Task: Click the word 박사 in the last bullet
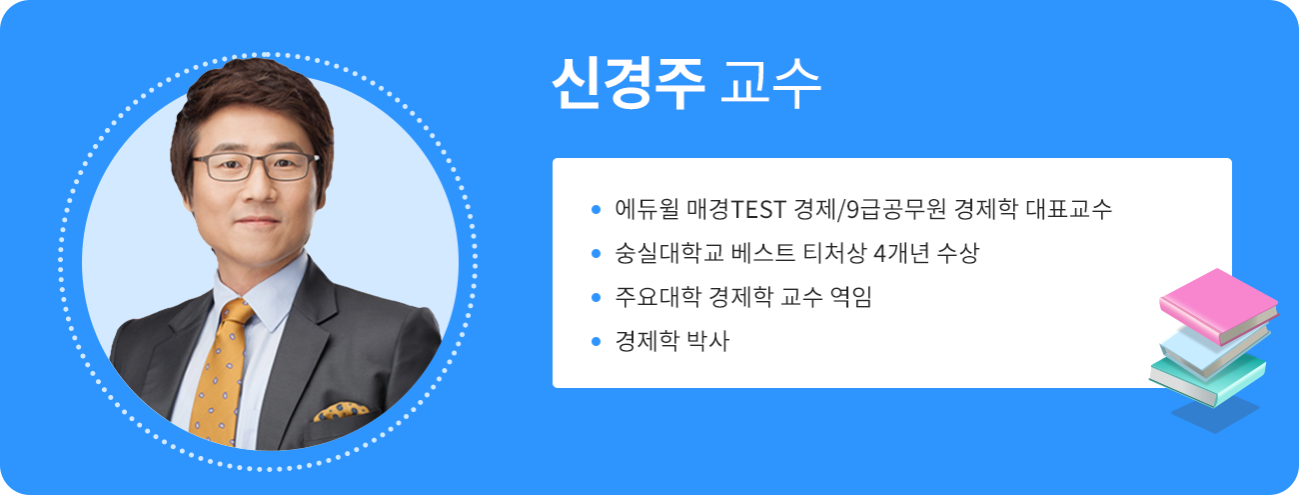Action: coord(708,342)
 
